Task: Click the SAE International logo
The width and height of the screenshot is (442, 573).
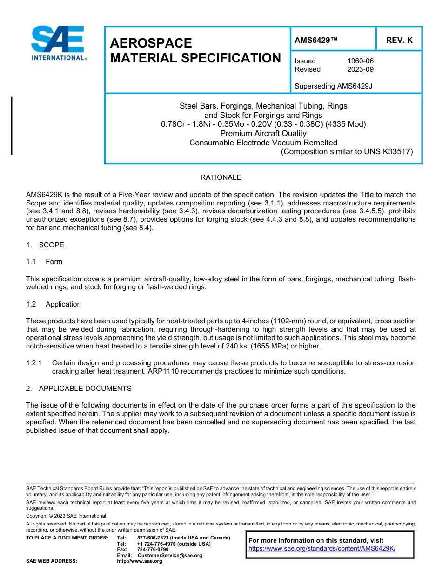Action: [58, 43]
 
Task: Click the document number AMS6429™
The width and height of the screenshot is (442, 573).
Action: [316, 41]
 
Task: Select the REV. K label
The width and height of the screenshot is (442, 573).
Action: [399, 41]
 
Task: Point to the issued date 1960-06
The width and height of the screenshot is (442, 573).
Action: [360, 61]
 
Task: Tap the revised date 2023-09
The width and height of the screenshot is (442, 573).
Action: [360, 69]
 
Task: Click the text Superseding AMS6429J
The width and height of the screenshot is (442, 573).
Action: [334, 86]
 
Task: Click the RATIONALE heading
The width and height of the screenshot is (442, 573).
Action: [221, 177]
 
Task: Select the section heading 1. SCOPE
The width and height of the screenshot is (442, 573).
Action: [45, 245]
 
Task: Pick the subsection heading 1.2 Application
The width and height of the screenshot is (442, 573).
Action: [54, 304]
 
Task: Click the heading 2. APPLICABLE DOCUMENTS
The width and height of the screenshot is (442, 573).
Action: [79, 389]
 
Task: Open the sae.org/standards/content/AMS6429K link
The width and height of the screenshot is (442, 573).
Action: [322, 548]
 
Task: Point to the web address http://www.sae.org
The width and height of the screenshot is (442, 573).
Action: [139, 561]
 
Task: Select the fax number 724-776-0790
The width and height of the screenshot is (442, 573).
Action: [153, 550]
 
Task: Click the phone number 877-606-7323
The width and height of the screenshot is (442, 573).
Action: [154, 538]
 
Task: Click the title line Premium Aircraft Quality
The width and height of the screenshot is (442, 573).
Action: [263, 133]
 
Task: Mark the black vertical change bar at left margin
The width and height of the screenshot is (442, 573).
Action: [12, 125]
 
